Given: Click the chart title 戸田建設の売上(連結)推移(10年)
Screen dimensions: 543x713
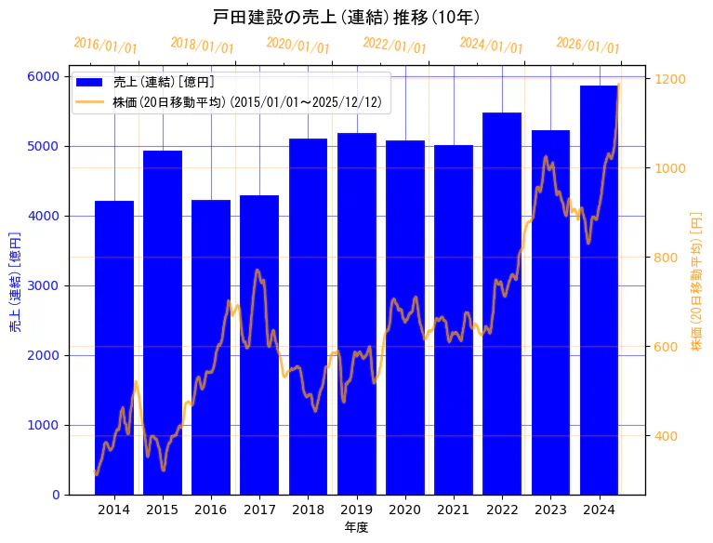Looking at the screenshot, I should [346, 18].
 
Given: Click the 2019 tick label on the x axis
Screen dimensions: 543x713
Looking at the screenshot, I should [357, 510].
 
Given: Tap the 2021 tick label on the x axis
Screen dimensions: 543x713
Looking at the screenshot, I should [454, 510].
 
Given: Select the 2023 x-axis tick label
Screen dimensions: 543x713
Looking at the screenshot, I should [551, 510].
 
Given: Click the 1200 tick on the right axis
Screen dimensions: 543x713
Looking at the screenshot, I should [670, 79].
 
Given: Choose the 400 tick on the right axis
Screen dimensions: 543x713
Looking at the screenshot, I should [667, 435].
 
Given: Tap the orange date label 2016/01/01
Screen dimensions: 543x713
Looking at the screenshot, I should [105, 46].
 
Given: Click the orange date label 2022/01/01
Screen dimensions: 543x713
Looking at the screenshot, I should [394, 46].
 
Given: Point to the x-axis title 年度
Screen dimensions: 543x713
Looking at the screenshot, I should [356, 527].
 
